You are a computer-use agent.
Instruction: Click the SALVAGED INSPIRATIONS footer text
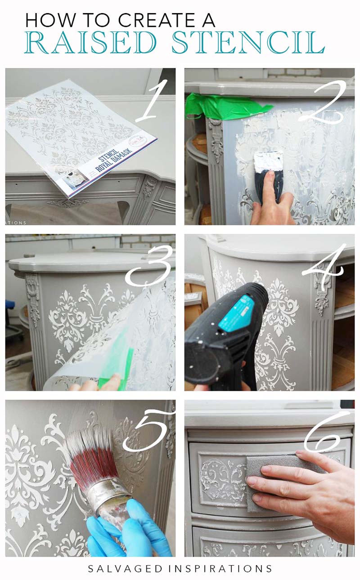(x=180, y=568)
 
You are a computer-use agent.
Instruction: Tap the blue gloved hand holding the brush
(x=130, y=531)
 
